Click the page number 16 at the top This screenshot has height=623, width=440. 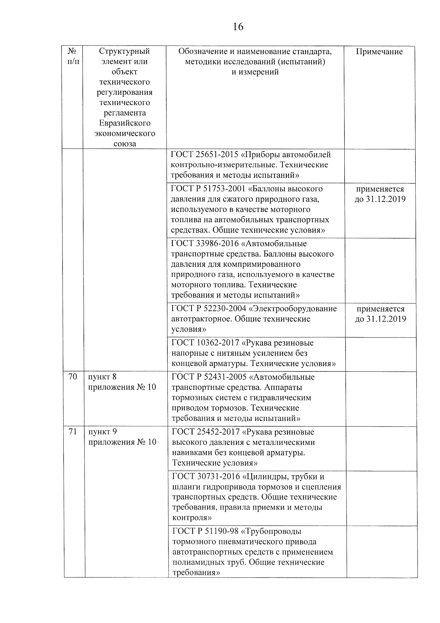(x=238, y=27)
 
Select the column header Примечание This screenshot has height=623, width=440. (x=379, y=52)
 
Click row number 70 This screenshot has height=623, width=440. (x=73, y=377)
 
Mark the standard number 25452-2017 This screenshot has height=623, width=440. (x=218, y=432)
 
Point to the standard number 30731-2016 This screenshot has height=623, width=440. (x=218, y=476)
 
